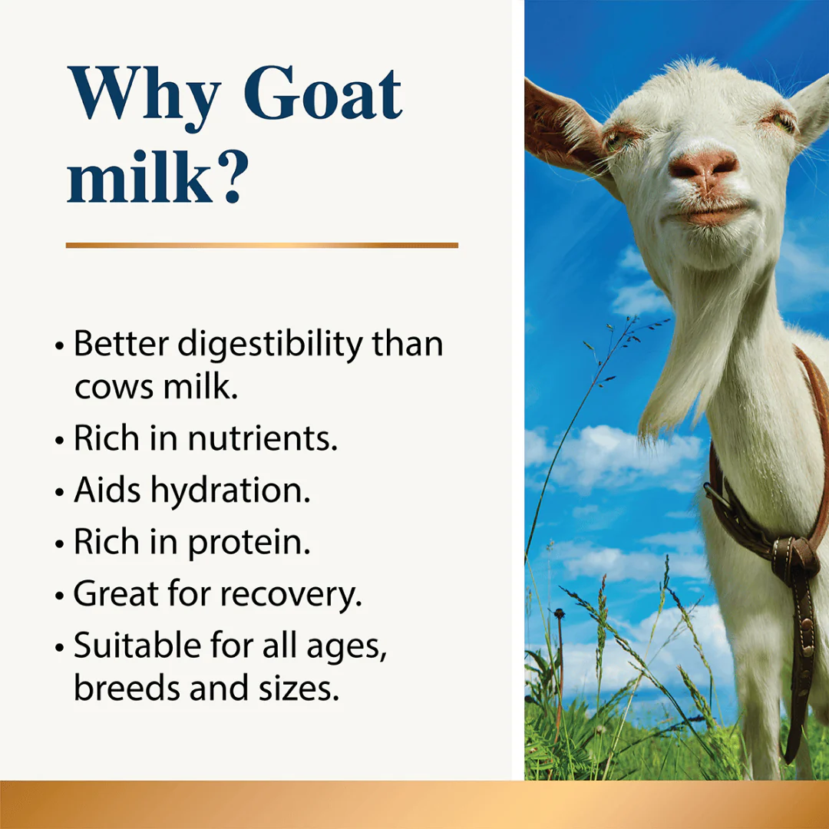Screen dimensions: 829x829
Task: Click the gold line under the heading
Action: tap(262, 245)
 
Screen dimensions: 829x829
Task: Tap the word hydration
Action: tap(230, 491)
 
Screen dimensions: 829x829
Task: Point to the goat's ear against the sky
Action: tap(564, 123)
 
